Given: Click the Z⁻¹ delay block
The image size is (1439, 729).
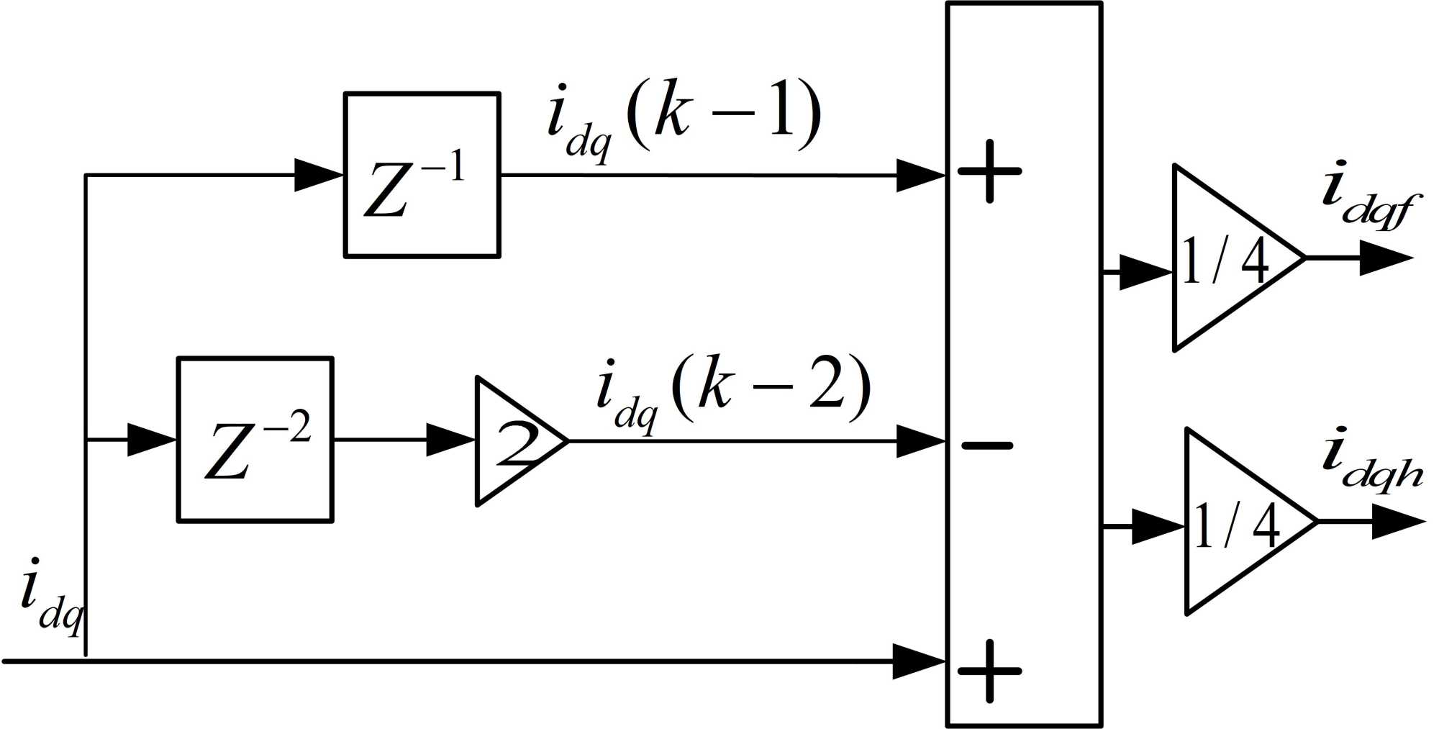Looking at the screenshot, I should pos(422,175).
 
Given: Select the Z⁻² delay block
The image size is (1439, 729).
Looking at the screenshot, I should pos(255,439).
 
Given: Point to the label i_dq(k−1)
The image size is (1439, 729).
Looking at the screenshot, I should pos(684,119).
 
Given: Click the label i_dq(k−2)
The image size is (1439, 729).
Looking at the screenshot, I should pos(734,392).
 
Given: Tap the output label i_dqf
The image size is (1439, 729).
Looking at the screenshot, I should pos(1367,198).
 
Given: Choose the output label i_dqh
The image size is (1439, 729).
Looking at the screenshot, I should pos(1371,464).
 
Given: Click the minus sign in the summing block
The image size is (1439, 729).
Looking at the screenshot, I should pos(987,446).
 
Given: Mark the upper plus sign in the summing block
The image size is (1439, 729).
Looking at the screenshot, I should pos(989,171).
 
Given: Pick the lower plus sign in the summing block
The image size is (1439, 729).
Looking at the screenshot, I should pos(989,671).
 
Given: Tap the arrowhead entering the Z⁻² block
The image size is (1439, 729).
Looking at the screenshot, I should pos(152,440).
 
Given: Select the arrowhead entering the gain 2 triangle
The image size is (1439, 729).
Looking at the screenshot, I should pos(451,440).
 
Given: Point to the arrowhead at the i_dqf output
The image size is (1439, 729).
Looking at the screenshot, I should pos(1386,258).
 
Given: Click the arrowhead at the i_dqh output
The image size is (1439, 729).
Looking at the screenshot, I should pos(1398,522).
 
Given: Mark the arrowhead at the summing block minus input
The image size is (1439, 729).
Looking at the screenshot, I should pos(920,440).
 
